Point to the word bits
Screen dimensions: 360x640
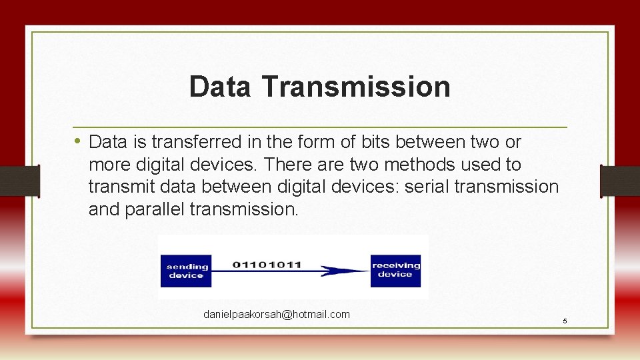click(x=373, y=142)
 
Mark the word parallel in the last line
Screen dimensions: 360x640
click(x=153, y=209)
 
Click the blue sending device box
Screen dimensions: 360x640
click(x=186, y=271)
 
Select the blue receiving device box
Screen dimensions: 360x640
click(x=395, y=270)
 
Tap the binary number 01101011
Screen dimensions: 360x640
click(x=267, y=264)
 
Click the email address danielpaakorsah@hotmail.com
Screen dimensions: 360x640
click(x=276, y=314)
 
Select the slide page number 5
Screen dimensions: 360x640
click(x=565, y=321)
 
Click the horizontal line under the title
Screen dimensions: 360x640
click(x=320, y=127)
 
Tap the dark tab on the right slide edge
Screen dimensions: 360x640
click(x=620, y=181)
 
